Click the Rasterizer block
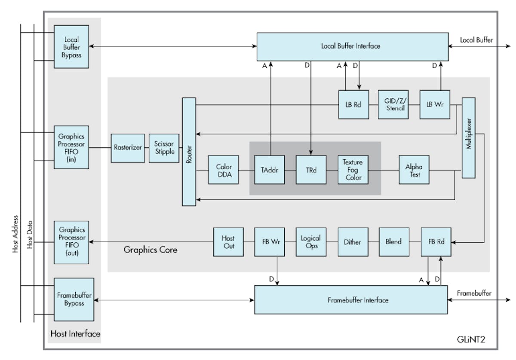pyautogui.click(x=128, y=148)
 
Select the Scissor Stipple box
pyautogui.click(x=164, y=148)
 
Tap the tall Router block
pyautogui.click(x=189, y=152)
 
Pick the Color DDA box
pyautogui.click(x=224, y=170)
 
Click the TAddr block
pyautogui.click(x=269, y=170)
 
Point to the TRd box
pyautogui.click(x=311, y=170)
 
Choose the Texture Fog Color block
pyautogui.click(x=353, y=170)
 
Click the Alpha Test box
pyautogui.click(x=414, y=170)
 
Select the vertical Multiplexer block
pyautogui.click(x=468, y=138)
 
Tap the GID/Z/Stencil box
pyautogui.click(x=393, y=104)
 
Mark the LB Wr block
pyautogui.click(x=435, y=104)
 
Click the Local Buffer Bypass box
pyautogui.click(x=71, y=46)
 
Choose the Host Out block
pyautogui.click(x=228, y=242)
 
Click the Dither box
pyautogui.click(x=353, y=242)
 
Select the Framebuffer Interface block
pyautogui.click(x=351, y=300)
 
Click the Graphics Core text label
pyautogui.click(x=150, y=250)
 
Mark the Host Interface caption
pyautogui.click(x=75, y=334)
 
